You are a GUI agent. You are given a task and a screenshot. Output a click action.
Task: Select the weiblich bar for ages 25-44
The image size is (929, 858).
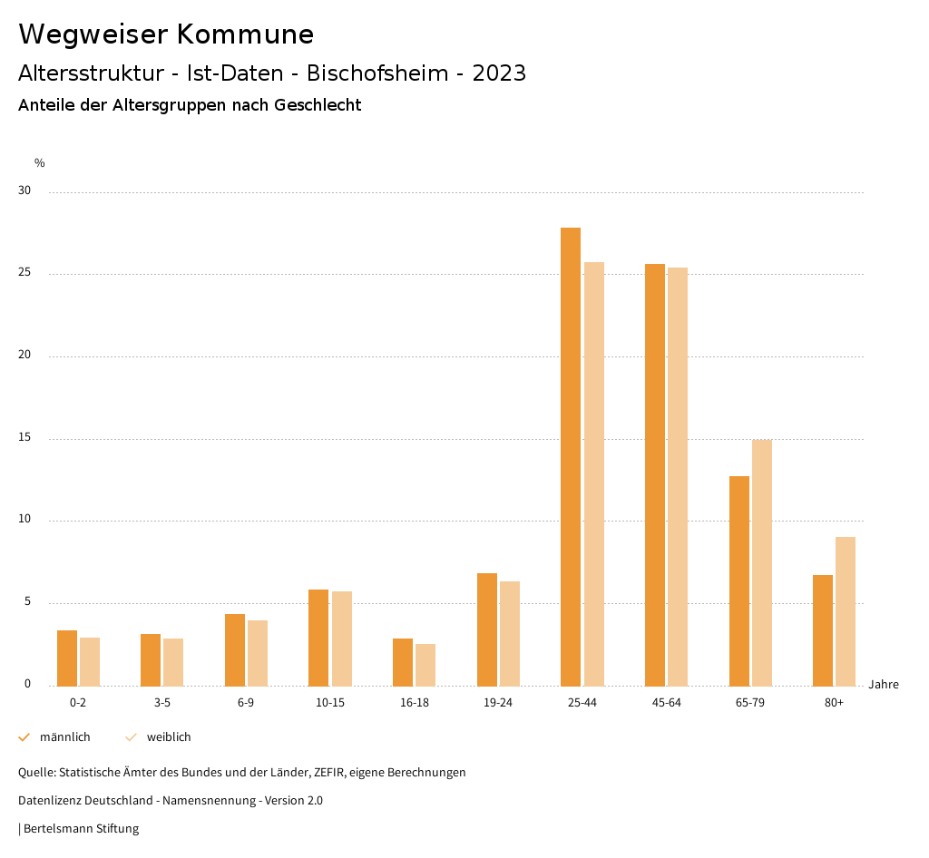[594, 473]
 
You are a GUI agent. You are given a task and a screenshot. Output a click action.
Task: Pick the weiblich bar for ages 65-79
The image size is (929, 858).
[762, 562]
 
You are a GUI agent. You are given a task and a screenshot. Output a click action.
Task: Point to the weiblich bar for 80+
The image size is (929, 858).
[846, 611]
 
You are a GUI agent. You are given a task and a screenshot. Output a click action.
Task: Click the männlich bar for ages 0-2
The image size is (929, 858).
[67, 658]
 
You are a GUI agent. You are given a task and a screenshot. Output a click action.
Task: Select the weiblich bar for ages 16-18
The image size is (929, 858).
[425, 665]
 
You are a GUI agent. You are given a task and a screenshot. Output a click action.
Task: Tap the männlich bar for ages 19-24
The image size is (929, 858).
[487, 629]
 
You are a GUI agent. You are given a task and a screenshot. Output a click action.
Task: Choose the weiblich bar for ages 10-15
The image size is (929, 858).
[342, 639]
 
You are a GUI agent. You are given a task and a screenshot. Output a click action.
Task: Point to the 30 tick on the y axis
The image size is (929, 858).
[24, 191]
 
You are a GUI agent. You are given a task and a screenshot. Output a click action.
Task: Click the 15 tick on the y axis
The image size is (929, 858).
[24, 438]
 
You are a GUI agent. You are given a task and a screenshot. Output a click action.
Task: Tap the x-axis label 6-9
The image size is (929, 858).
[246, 703]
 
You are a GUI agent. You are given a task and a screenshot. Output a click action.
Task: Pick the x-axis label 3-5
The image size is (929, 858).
[162, 703]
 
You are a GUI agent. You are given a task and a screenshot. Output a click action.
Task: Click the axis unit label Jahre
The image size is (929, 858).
[884, 685]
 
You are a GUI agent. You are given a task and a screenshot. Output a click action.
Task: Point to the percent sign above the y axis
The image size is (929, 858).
[40, 163]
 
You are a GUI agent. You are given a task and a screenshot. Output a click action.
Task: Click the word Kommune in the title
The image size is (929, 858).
[245, 34]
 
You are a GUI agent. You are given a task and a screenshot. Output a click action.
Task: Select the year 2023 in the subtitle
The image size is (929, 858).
[499, 73]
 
